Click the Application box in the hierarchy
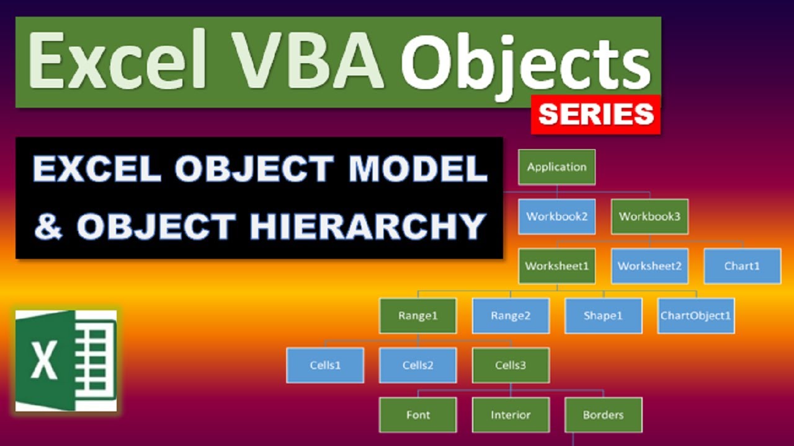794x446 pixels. point(556,167)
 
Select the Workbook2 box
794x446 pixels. point(556,216)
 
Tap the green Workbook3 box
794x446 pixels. point(649,216)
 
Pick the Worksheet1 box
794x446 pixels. point(556,266)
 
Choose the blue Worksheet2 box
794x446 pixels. point(649,266)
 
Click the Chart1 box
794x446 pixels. point(742,266)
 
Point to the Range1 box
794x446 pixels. point(417,315)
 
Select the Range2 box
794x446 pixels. point(511,315)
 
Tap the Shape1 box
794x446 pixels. point(603,315)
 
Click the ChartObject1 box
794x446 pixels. point(695,315)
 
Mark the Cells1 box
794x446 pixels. point(325,365)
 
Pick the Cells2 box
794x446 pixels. point(417,365)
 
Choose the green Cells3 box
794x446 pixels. point(511,365)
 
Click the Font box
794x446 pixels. point(417,414)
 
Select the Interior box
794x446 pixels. point(511,414)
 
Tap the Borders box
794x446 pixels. point(603,414)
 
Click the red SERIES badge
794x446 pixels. point(595,115)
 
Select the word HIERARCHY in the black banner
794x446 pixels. point(367,226)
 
